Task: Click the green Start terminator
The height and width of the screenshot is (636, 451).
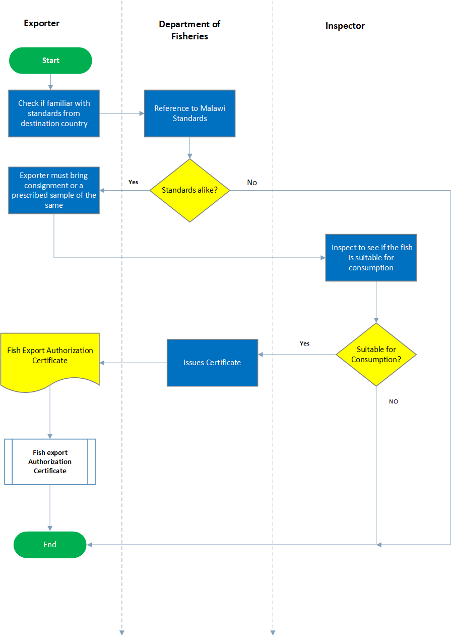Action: point(50,61)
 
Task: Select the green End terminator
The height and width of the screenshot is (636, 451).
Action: point(50,545)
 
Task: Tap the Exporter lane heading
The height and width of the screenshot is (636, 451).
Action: point(41,23)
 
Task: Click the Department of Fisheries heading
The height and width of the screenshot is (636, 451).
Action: point(189,30)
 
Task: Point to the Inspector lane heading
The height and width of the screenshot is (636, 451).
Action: point(345,26)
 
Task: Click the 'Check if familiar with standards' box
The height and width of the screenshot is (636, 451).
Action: point(54,113)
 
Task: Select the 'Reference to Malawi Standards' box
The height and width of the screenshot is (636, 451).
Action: point(190,113)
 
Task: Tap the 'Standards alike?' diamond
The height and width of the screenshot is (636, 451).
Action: point(190,190)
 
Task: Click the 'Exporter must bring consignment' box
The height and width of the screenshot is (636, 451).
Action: point(54,190)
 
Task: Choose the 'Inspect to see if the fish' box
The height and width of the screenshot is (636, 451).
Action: point(371,258)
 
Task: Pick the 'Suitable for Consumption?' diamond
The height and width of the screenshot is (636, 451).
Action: point(376,355)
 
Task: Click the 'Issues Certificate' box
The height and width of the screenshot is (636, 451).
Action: point(213,363)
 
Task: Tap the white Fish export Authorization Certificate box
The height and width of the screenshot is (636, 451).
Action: point(50,461)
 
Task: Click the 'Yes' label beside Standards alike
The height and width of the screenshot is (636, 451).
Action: point(134,182)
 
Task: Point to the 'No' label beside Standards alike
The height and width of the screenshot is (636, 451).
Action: point(252,182)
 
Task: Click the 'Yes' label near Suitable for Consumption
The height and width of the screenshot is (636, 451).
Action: point(305,343)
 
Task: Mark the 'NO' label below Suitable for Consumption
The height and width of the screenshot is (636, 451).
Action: point(394,401)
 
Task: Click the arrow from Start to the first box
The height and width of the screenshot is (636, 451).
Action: point(50,82)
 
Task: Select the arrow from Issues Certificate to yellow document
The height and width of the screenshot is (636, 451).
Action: point(134,363)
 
